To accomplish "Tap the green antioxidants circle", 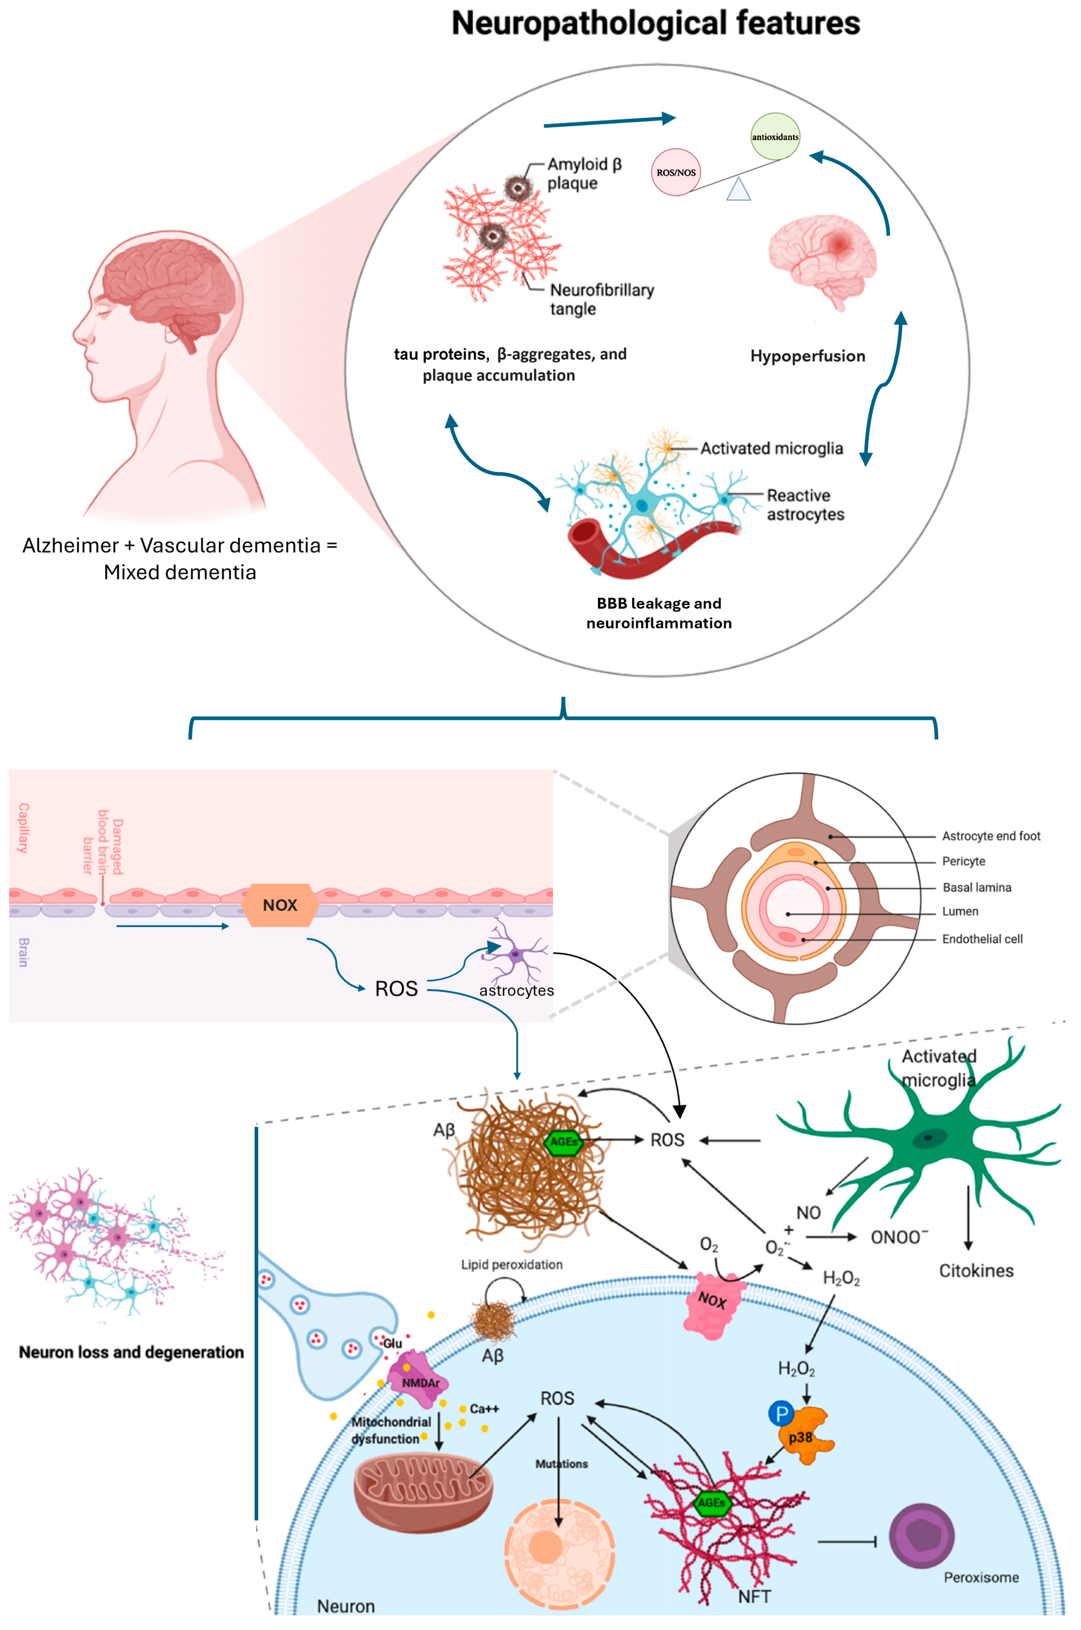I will tap(775, 137).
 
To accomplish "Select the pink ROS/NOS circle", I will tap(676, 172).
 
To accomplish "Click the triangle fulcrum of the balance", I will tap(738, 190).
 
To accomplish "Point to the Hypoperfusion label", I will tap(807, 356).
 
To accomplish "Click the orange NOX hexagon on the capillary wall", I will tap(280, 905).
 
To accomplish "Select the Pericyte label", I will tap(963, 861).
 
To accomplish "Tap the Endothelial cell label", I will tap(982, 939).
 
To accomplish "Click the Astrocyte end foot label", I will tap(991, 836).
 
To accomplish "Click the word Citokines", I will tap(975, 1271).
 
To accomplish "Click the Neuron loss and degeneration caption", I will tap(131, 1352).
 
